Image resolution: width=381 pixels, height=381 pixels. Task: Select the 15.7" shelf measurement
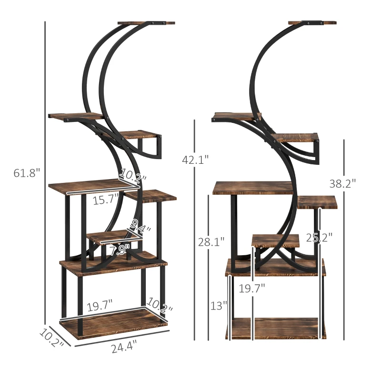tap(105, 200)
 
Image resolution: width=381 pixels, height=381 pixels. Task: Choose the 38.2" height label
tap(342, 182)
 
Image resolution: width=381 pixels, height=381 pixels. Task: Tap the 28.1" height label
tap(211, 242)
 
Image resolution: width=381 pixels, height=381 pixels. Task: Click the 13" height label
tap(219, 305)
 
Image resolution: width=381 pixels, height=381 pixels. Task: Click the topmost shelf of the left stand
tap(146, 22)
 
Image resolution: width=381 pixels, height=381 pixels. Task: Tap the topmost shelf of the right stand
tap(312, 22)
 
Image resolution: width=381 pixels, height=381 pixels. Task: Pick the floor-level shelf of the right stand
tap(275, 328)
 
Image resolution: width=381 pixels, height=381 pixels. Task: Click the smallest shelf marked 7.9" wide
tap(110, 237)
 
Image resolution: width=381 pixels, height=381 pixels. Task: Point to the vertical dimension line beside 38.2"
tap(344, 238)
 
